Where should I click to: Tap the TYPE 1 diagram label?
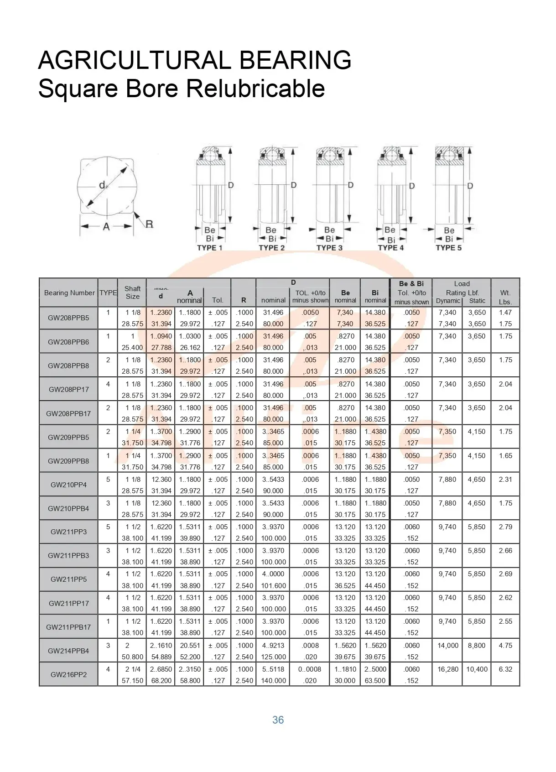point(209,248)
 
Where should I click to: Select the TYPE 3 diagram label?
point(329,248)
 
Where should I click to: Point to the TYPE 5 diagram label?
point(448,248)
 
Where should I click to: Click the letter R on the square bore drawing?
point(149,224)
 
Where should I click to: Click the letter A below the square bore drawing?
point(106,226)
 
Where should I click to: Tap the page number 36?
point(278,720)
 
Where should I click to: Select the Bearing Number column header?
point(69,293)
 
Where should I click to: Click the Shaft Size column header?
point(132,292)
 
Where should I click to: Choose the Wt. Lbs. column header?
point(505,297)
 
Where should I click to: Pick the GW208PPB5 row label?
point(68,318)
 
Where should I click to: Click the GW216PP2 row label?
point(68,674)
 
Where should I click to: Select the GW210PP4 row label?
point(68,485)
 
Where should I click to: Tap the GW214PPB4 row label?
point(68,651)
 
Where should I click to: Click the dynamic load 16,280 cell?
point(448,669)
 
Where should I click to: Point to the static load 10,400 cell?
point(477,669)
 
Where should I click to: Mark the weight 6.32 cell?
point(505,669)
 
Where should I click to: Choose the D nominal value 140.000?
point(273,681)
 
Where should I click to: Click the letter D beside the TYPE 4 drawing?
point(412,186)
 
